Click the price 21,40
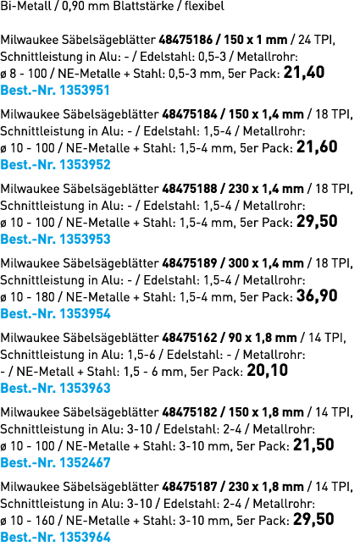point(304,73)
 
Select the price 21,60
point(317,146)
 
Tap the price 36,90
point(317,295)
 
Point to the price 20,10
point(268,370)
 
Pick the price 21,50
point(313,444)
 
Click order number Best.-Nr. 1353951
point(55,90)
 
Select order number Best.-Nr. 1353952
point(55,165)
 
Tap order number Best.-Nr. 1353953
point(55,240)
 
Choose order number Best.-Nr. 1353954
point(55,313)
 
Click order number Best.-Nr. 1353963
point(55,389)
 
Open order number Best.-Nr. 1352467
point(55,462)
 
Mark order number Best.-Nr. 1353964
point(55,538)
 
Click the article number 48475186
point(186,40)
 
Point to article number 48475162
point(190,338)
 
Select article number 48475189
point(190,263)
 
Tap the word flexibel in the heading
point(204,6)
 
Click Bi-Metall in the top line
point(25,6)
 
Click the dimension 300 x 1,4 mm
point(266,263)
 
